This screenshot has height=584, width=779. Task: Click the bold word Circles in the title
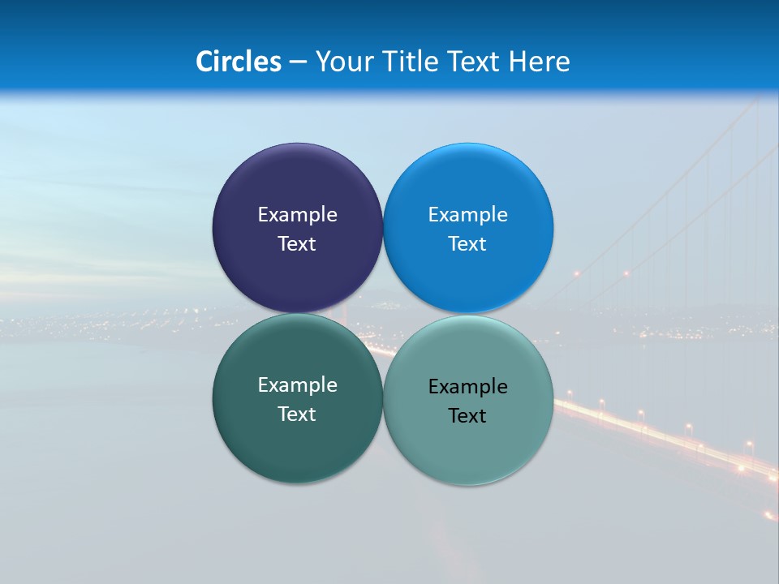239,62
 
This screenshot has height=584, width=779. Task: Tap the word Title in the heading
411,62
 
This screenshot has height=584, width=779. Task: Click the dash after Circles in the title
298,62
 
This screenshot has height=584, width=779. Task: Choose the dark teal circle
297,446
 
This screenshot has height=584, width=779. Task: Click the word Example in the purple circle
297,215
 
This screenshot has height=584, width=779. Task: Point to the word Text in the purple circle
297,244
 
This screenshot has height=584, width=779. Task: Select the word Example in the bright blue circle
467,215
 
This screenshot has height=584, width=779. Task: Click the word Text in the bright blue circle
467,244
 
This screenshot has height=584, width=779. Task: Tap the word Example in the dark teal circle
297,385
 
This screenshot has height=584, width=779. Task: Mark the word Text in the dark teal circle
297,414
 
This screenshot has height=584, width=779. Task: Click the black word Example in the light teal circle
467,387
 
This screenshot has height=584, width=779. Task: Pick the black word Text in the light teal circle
467,416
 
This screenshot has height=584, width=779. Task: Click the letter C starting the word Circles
204,62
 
